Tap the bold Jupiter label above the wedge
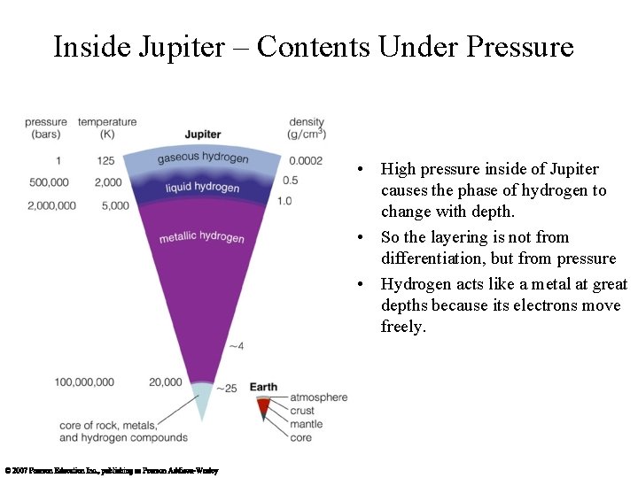203,135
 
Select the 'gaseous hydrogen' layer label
203,158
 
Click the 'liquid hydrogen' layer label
202,188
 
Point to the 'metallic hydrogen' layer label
202,237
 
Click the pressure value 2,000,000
51,205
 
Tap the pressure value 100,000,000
84,382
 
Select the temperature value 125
106,161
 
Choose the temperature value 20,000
166,382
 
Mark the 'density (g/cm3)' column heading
307,128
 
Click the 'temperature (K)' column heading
107,128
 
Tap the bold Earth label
263,388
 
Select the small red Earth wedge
263,407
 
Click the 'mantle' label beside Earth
307,424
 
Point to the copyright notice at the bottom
111,471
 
